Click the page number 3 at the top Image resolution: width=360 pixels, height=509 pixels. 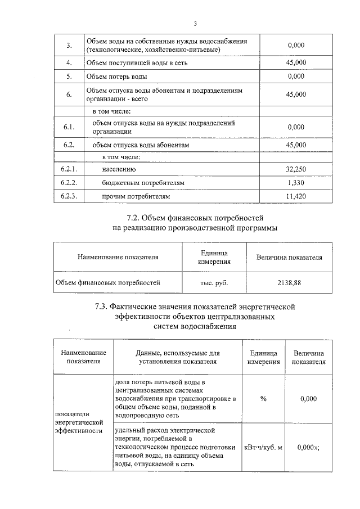pyautogui.click(x=195, y=24)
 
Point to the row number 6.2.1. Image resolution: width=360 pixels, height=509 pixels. pyautogui.click(x=68, y=169)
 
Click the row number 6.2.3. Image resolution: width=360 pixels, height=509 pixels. pyautogui.click(x=68, y=197)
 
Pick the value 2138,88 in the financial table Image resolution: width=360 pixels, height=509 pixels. pyautogui.click(x=289, y=283)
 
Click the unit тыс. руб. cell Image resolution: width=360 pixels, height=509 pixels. pyautogui.click(x=214, y=283)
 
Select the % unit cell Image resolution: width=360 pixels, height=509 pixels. pyautogui.click(x=263, y=399)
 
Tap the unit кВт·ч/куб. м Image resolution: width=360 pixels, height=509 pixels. pyautogui.click(x=263, y=447)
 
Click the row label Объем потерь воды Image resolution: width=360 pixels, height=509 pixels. pyautogui.click(x=117, y=76)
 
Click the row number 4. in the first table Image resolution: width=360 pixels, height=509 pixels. pyautogui.click(x=68, y=62)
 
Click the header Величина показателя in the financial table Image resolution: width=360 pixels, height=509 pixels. pyautogui.click(x=289, y=257)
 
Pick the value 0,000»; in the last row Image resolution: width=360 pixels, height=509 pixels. pyautogui.click(x=308, y=447)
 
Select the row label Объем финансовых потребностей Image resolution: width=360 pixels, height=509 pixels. pyautogui.click(x=107, y=283)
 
